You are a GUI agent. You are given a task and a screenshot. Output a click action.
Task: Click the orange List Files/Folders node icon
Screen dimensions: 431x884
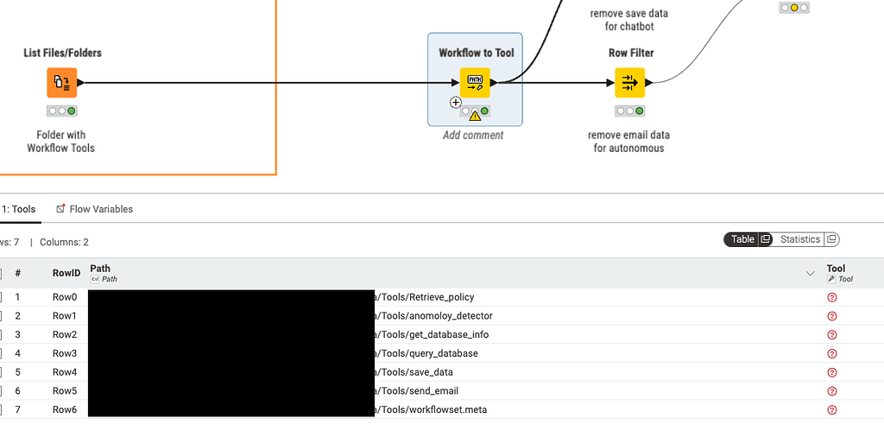(x=61, y=83)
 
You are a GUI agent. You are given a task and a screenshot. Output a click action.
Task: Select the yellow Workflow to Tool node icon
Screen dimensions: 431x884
(x=475, y=83)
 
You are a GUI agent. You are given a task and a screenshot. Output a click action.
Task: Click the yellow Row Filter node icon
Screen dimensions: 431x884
(x=629, y=83)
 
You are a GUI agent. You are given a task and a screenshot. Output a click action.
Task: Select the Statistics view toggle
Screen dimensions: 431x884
(x=799, y=239)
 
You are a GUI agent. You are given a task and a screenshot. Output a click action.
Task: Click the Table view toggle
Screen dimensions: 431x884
(x=742, y=239)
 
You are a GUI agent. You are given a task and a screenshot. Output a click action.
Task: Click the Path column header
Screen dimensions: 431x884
(x=101, y=269)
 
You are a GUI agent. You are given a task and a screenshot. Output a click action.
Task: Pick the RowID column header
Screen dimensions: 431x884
(x=66, y=273)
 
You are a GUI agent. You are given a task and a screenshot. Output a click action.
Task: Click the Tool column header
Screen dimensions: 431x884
(x=836, y=269)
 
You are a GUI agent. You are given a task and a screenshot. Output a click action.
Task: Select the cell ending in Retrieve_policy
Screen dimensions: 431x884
(x=423, y=297)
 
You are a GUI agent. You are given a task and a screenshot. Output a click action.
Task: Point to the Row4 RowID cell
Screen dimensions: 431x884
(x=65, y=372)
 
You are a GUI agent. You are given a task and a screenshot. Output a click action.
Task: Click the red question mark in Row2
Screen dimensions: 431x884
(x=832, y=335)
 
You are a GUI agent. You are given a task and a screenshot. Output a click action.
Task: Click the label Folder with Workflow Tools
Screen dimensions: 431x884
(x=61, y=142)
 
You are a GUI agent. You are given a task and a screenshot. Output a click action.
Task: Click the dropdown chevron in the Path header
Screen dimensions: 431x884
(x=810, y=273)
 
